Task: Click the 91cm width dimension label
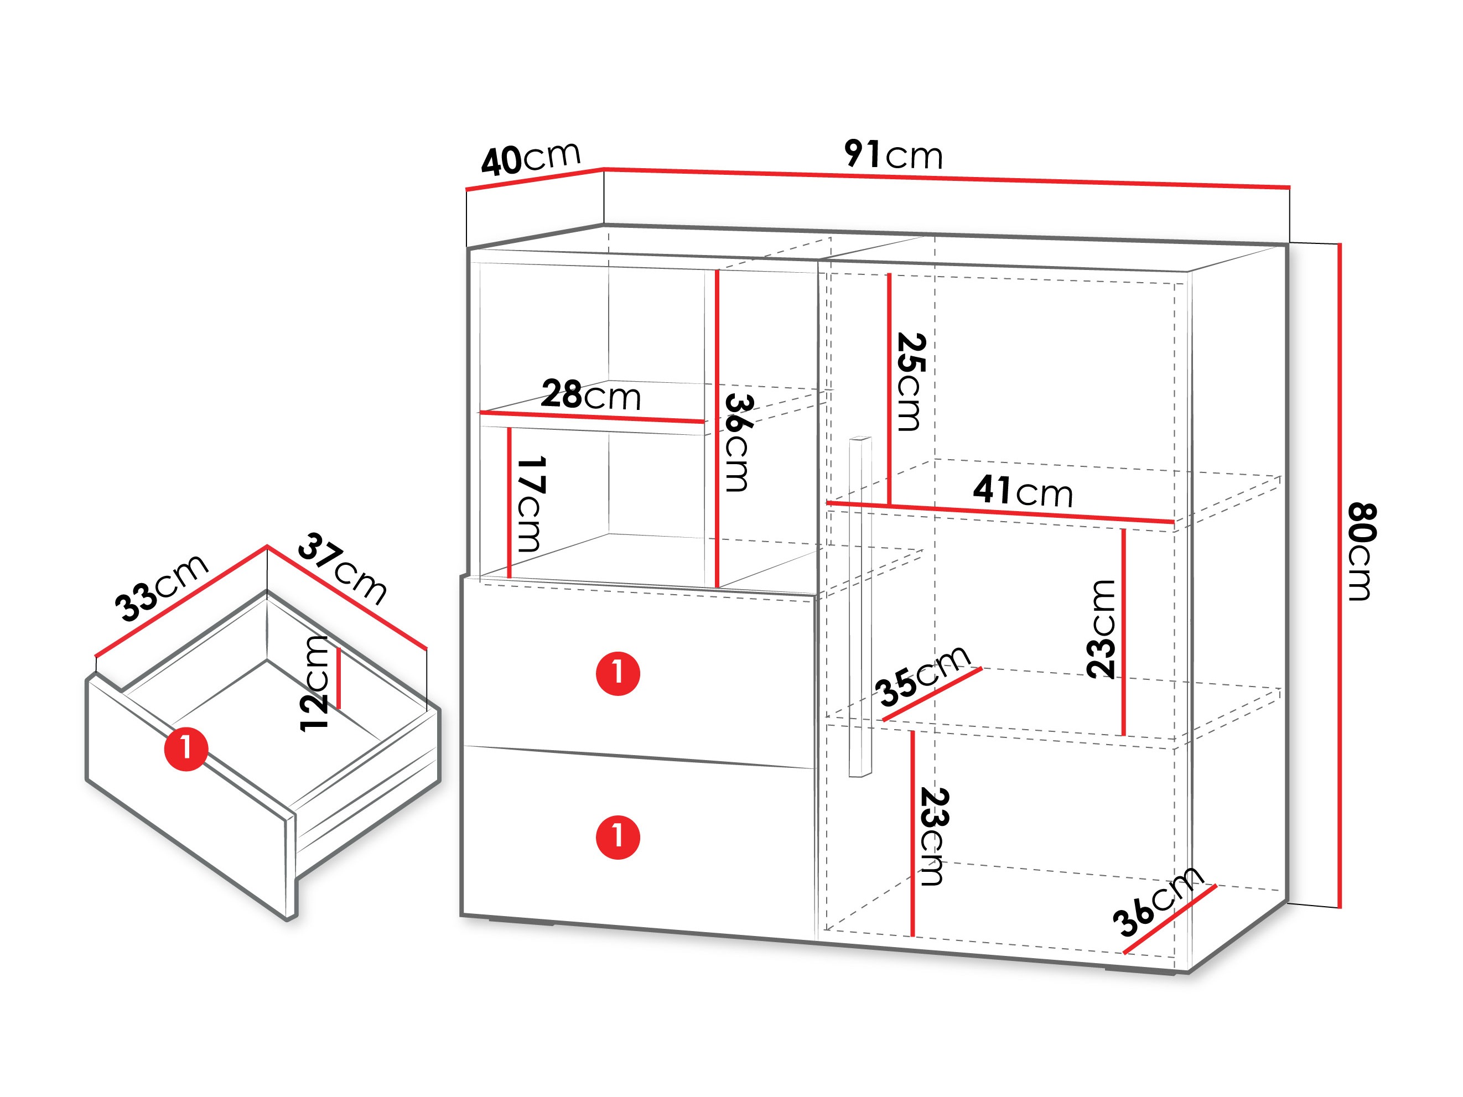(893, 155)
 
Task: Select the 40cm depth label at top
(531, 159)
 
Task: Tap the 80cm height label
(1361, 552)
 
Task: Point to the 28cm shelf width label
(590, 395)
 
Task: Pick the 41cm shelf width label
(1023, 491)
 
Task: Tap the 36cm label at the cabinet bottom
(1158, 901)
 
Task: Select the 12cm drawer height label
(314, 683)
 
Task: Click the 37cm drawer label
(342, 569)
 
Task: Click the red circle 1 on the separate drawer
(186, 749)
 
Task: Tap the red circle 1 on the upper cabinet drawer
(618, 673)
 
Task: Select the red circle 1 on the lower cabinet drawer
(618, 837)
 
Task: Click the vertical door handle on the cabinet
(860, 606)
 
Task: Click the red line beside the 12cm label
(339, 678)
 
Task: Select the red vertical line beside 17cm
(509, 502)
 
